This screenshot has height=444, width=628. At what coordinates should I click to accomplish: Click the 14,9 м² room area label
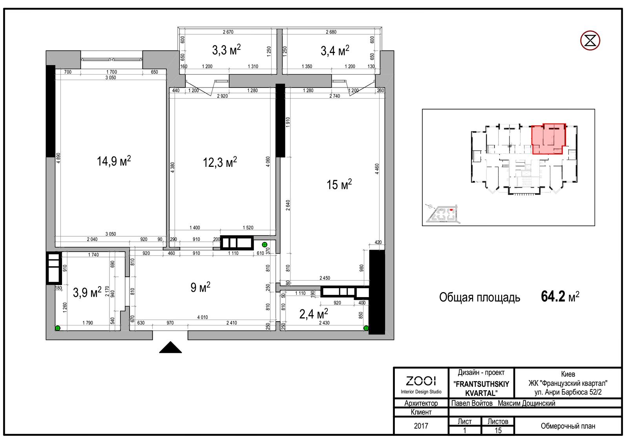pyautogui.click(x=114, y=161)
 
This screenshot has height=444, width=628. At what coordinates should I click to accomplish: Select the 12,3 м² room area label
pyautogui.click(x=220, y=162)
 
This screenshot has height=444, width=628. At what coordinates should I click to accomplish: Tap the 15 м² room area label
pyautogui.click(x=339, y=185)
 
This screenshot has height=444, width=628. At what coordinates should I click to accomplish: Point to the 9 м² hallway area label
pyautogui.click(x=200, y=287)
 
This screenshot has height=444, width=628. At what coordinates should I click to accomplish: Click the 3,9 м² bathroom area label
pyautogui.click(x=87, y=292)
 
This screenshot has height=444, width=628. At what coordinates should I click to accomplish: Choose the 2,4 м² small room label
pyautogui.click(x=314, y=314)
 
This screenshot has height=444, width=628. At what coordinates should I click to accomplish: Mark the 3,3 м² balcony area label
pyautogui.click(x=226, y=50)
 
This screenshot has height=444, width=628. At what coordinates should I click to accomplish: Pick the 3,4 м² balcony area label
pyautogui.click(x=335, y=51)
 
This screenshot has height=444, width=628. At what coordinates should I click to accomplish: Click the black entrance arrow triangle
pyautogui.click(x=170, y=347)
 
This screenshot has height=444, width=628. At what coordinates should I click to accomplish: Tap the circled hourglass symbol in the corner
pyautogui.click(x=590, y=40)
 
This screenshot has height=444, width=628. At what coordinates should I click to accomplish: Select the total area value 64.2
pyautogui.click(x=553, y=296)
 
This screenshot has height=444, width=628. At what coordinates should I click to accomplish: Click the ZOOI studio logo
pyautogui.click(x=421, y=381)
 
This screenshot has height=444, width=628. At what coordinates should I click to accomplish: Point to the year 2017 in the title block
pyautogui.click(x=421, y=426)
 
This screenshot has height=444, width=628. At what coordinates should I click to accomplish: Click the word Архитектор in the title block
pyautogui.click(x=421, y=403)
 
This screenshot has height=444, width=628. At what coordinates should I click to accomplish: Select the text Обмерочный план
pyautogui.click(x=568, y=426)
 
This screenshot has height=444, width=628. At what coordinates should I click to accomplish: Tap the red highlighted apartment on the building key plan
pyautogui.click(x=548, y=139)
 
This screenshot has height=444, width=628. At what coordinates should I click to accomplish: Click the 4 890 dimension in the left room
pyautogui.click(x=58, y=158)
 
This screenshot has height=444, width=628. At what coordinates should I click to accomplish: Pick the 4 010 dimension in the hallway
pyautogui.click(x=203, y=317)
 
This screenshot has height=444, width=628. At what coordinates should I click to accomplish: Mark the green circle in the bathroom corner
pyautogui.click(x=57, y=328)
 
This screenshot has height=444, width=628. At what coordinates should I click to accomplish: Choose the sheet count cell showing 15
pyautogui.click(x=498, y=431)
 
